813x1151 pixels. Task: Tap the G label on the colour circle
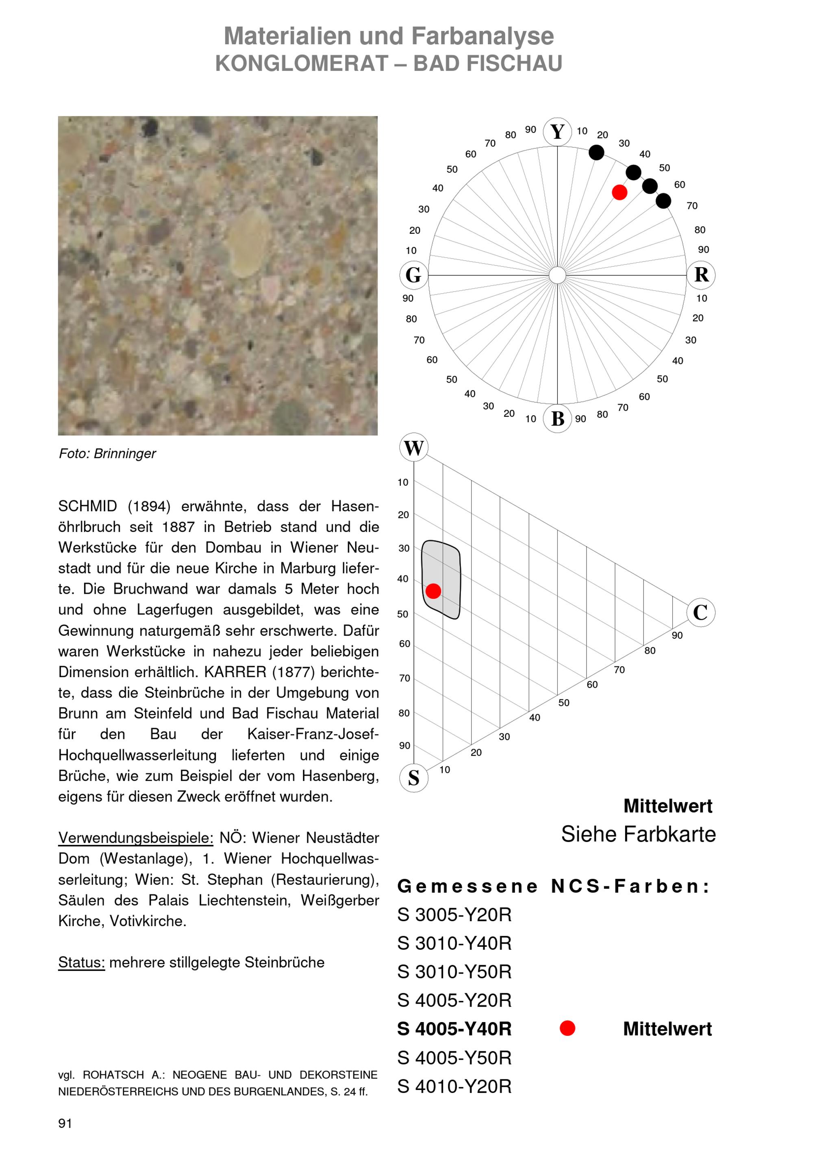tap(414, 275)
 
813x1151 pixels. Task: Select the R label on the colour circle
tap(701, 275)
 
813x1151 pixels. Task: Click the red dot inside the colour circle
tap(620, 192)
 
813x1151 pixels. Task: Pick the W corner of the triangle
tap(414, 448)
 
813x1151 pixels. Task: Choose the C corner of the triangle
tap(700, 612)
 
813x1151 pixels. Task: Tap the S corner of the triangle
tap(414, 778)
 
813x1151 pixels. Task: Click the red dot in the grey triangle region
tap(433, 591)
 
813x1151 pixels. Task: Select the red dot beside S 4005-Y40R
tap(567, 1029)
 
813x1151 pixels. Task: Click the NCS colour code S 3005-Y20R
tap(454, 915)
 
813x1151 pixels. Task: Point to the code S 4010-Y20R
tap(454, 1086)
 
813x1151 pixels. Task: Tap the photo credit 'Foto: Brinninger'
tap(108, 453)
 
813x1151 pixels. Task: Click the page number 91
tap(65, 1123)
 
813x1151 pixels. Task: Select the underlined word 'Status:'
tap(81, 963)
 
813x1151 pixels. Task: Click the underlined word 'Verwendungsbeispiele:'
tap(136, 838)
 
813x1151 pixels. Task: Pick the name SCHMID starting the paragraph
tap(88, 506)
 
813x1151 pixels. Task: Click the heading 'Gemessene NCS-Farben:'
tap(554, 886)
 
